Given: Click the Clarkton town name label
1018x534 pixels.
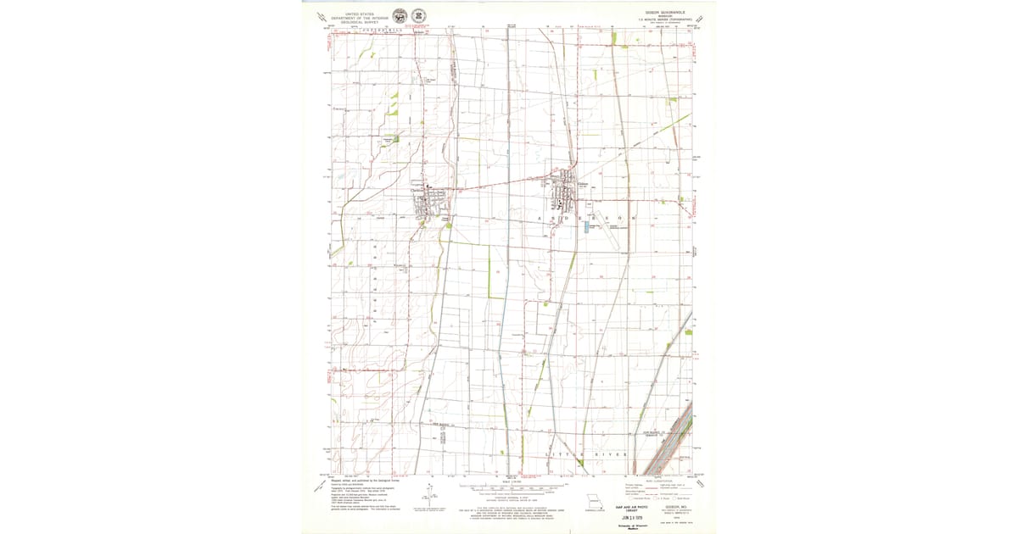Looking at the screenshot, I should coord(418,190).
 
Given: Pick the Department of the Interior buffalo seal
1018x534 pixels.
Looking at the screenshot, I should coord(400,16).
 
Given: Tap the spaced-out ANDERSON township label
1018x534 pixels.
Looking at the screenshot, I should coord(586,219).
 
